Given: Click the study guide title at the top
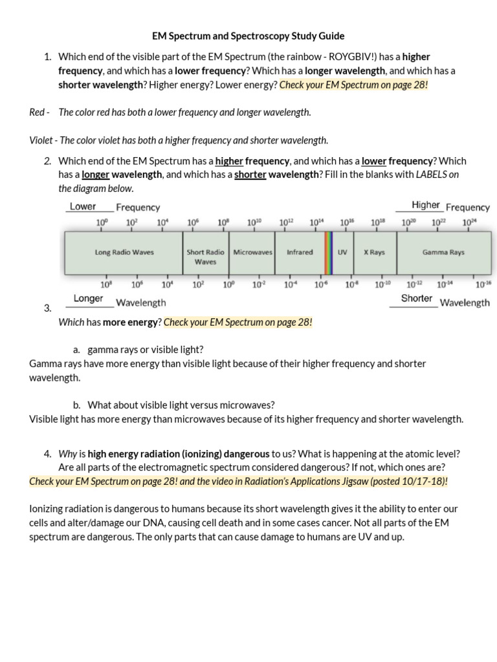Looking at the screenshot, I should tap(248, 36).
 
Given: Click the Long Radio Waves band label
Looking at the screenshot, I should tap(124, 252).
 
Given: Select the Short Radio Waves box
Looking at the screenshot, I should tap(205, 257).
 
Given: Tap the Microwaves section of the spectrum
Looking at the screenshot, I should tap(252, 252).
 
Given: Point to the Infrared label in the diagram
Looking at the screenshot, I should tap(300, 252).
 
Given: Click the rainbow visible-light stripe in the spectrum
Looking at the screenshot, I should tap(328, 252).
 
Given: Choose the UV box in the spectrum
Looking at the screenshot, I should tap(342, 252).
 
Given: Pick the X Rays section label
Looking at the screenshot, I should tap(374, 252).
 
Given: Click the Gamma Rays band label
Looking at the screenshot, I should tap(443, 252).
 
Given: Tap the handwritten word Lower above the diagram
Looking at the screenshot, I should tap(83, 207).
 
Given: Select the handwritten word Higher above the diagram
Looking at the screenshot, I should tap(425, 205).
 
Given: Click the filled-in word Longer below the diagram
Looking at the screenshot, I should tap(88, 299).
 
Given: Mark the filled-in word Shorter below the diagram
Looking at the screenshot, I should tap(416, 298).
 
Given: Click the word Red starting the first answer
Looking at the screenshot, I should tap(36, 112).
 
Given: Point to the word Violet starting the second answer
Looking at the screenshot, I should tap(41, 140).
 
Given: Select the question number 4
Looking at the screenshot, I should tap(48, 454).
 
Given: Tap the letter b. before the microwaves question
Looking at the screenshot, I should tap(76, 405).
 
